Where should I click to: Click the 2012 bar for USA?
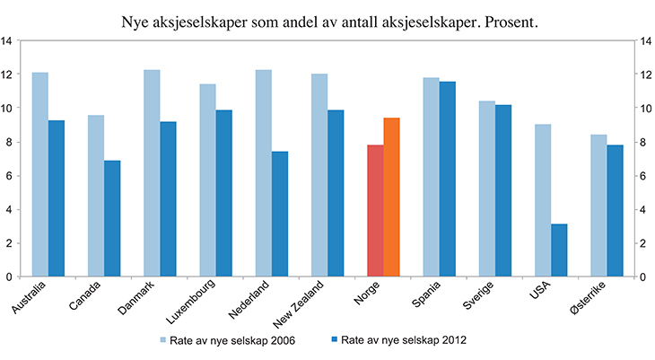point(559,250)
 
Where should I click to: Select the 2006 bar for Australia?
point(39,174)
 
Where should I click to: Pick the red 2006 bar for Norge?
point(375,211)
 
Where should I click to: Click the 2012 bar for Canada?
point(111,218)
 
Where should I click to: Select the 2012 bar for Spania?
point(447,180)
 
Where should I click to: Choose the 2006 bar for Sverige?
point(487,189)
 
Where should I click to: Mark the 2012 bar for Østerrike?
point(615,211)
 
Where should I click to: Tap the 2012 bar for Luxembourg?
point(223,193)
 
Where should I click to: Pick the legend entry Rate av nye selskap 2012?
point(405,339)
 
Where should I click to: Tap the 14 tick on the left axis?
point(7,40)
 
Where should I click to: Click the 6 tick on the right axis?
point(645,175)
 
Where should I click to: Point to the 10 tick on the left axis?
point(7,108)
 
